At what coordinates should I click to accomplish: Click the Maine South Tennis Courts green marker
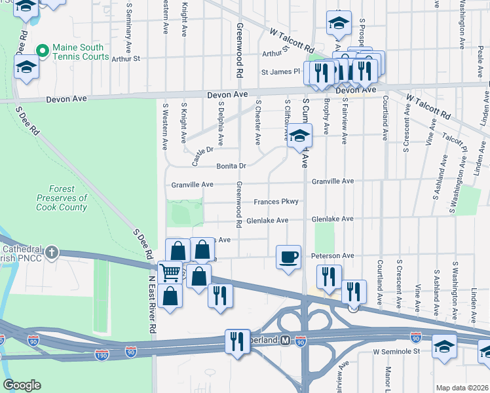coord(43,50)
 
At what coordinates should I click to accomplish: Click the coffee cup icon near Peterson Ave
coord(288,256)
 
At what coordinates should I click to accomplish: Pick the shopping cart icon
coord(170,272)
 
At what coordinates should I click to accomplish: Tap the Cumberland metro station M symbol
coord(285,341)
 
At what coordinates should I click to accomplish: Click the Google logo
coord(22,384)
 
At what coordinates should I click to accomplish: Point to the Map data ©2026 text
coord(462,388)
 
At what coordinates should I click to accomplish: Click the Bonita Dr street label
coord(231,166)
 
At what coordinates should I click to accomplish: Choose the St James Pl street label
coord(280,72)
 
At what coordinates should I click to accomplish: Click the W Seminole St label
coord(396,352)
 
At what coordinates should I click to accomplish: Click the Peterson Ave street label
coord(333,255)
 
